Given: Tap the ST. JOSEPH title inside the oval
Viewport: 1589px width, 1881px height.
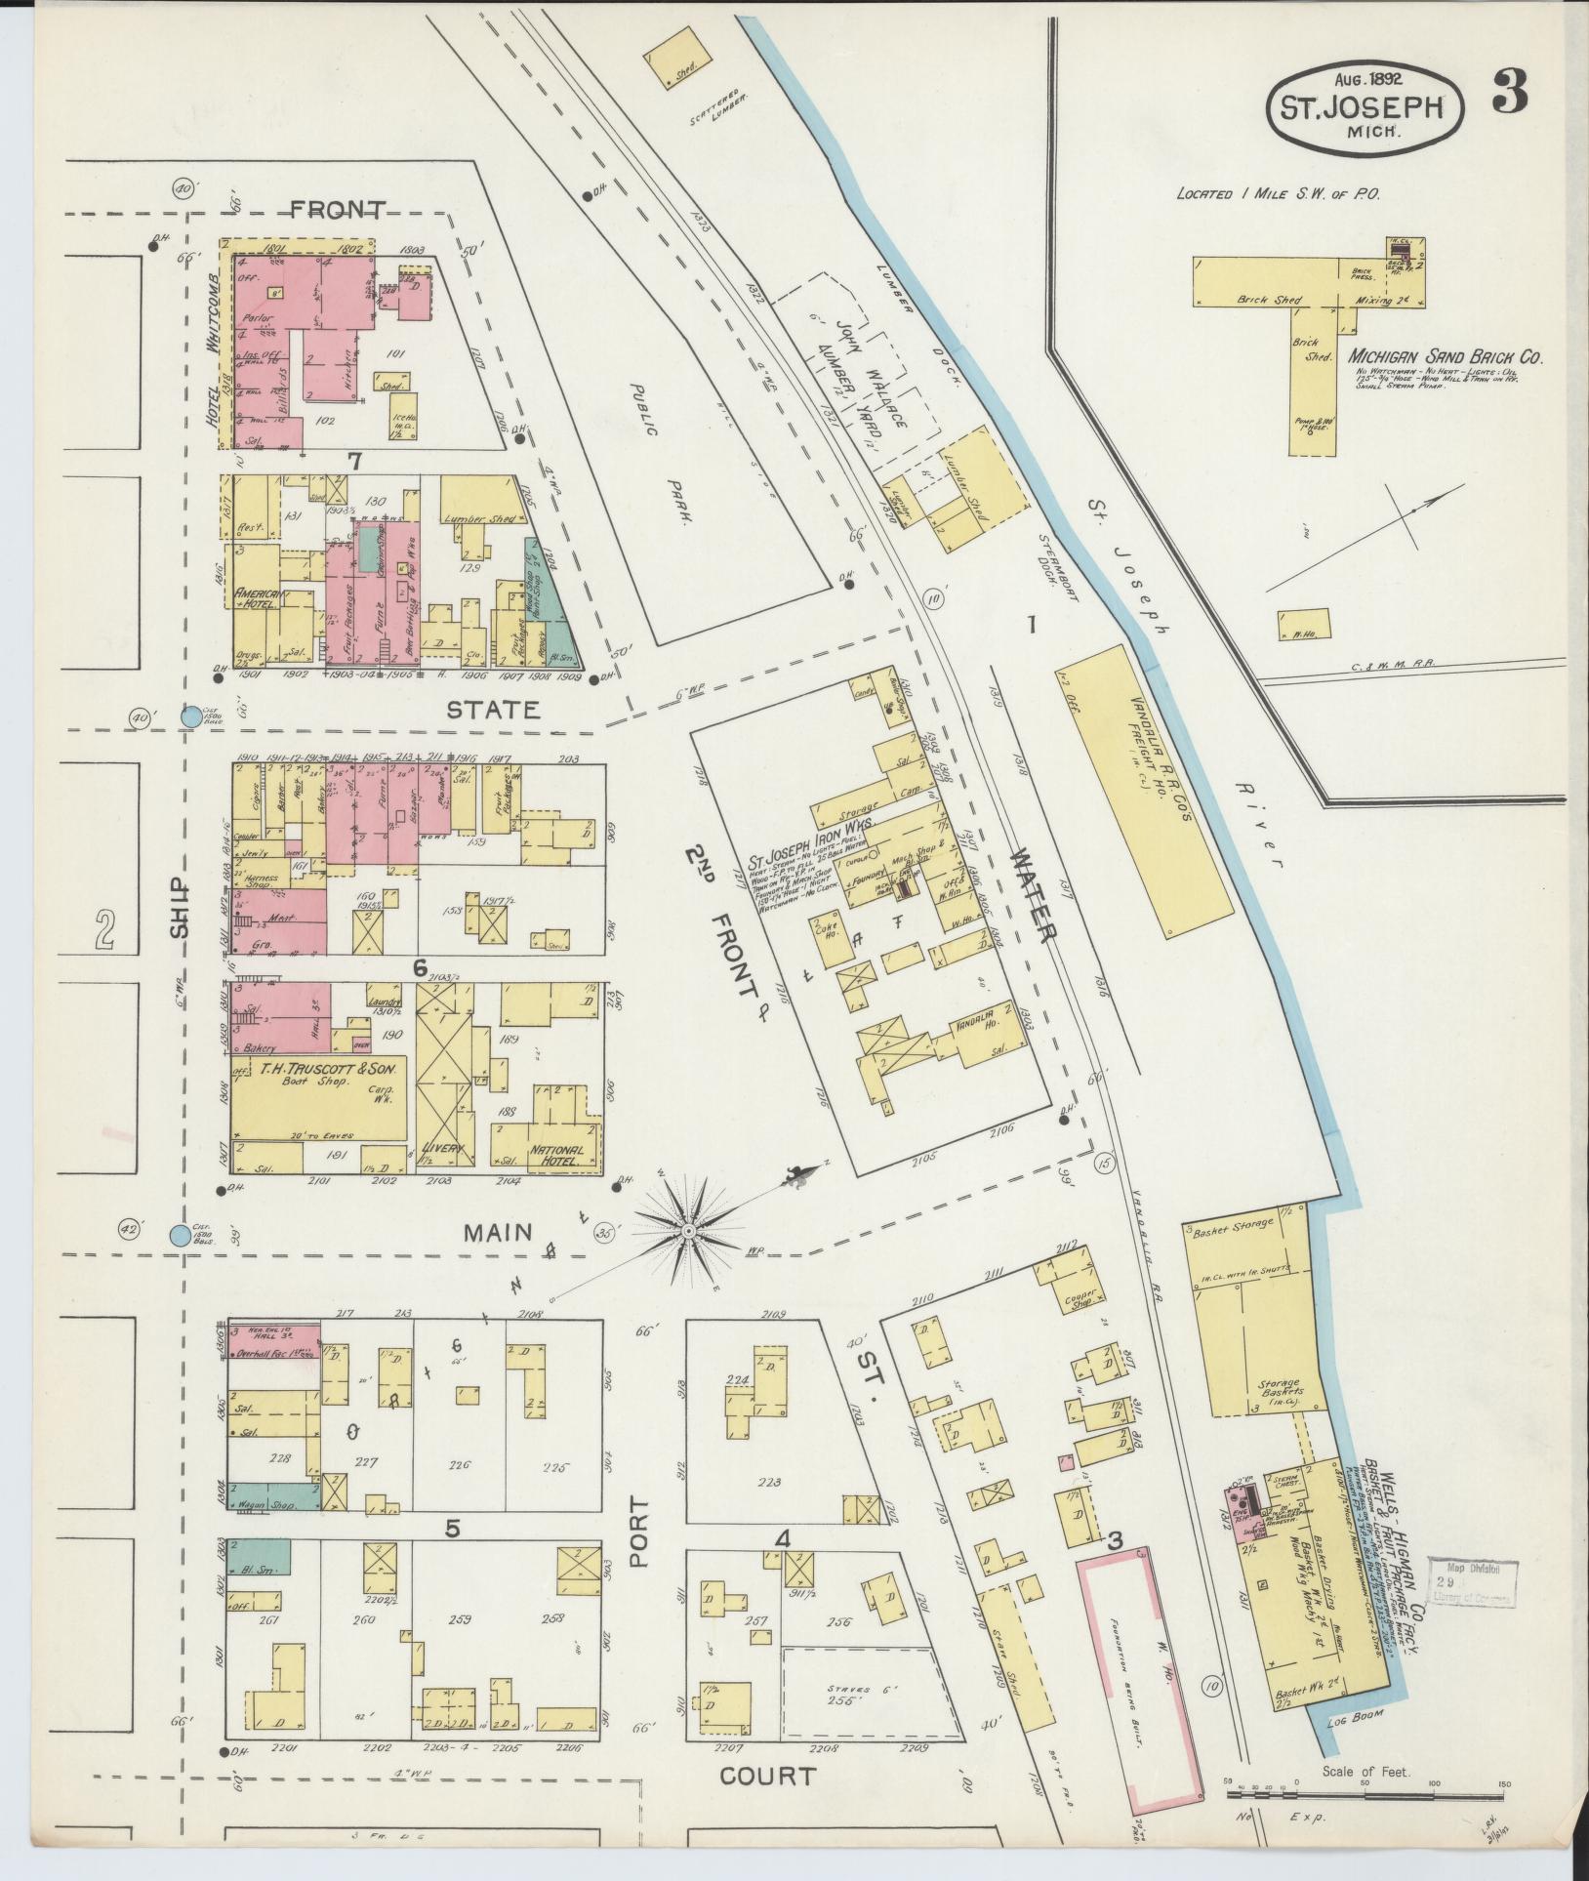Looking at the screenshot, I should (x=1365, y=106).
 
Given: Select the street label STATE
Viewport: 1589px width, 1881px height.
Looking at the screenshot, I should (x=493, y=710).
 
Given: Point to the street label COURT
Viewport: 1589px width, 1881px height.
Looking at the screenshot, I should (x=766, y=1776).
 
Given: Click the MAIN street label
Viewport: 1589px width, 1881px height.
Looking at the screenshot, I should (x=498, y=1233).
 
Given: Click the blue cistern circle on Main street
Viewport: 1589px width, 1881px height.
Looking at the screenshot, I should (x=179, y=1236).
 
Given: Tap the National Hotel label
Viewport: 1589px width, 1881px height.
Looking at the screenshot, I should (x=556, y=1156).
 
